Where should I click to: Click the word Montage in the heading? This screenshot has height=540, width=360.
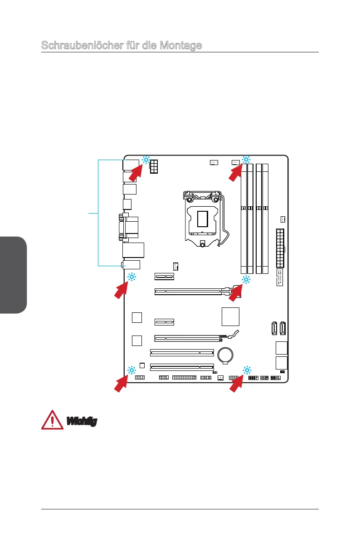[x=180, y=46]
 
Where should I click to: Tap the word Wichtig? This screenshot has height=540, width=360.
[x=82, y=421]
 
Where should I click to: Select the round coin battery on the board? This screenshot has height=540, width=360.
[x=226, y=355]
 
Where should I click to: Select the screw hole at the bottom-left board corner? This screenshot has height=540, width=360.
[x=131, y=370]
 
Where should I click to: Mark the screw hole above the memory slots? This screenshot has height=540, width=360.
[x=246, y=160]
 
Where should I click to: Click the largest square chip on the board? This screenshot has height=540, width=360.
[x=231, y=316]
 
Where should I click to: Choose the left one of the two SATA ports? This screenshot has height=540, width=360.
[x=274, y=327]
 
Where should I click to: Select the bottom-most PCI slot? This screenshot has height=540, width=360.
[x=182, y=369]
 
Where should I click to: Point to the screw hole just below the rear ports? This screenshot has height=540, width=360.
[x=131, y=277]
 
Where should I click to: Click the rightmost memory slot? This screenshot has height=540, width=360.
[x=266, y=218]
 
